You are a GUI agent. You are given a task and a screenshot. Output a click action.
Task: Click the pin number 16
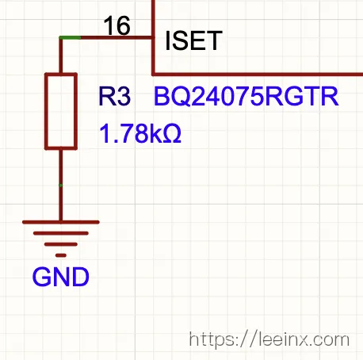point(117,25)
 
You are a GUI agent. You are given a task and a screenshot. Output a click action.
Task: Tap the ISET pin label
point(193,40)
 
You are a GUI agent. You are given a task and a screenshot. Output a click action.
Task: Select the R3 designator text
point(114,96)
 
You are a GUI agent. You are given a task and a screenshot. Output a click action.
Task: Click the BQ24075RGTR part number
point(246,96)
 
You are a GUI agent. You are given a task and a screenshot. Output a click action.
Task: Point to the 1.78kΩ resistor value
point(140,134)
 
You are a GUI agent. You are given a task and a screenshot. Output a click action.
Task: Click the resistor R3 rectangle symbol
point(61,111)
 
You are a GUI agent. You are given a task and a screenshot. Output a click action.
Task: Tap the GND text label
point(61,277)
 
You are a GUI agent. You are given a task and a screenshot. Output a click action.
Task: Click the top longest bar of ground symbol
point(61,222)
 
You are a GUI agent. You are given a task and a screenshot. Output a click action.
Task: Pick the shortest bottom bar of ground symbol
point(61,255)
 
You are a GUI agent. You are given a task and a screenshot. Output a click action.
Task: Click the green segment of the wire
point(70,38)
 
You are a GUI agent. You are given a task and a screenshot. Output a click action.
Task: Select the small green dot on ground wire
point(61,186)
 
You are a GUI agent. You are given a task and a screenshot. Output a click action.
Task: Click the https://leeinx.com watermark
point(269,339)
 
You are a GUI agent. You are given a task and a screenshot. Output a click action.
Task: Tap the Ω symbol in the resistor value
point(172,134)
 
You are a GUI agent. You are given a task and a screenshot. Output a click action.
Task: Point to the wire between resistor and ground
point(61,185)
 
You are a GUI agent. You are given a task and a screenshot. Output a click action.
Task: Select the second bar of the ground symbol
point(61,233)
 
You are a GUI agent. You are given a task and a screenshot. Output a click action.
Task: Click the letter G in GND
point(41,277)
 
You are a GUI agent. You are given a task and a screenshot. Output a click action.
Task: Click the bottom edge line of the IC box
point(258,75)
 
